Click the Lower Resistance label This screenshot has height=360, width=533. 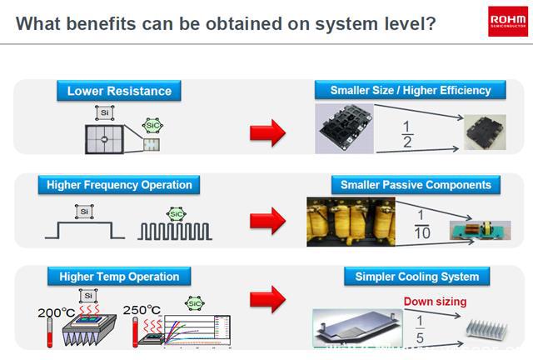tap(119, 91)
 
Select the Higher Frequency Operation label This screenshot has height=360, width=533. tap(119, 185)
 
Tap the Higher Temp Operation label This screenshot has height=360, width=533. tap(119, 277)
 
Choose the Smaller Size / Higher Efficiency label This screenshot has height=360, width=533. tap(411, 90)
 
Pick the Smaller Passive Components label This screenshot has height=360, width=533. tap(416, 184)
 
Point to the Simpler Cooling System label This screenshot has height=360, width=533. tap(417, 277)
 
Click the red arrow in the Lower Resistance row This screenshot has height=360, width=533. tap(268, 131)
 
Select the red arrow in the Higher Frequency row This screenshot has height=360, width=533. tap(268, 222)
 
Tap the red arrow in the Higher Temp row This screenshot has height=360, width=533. tap(268, 300)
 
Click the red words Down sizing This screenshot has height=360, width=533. tap(435, 301)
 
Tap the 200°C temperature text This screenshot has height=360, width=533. tap(56, 313)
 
